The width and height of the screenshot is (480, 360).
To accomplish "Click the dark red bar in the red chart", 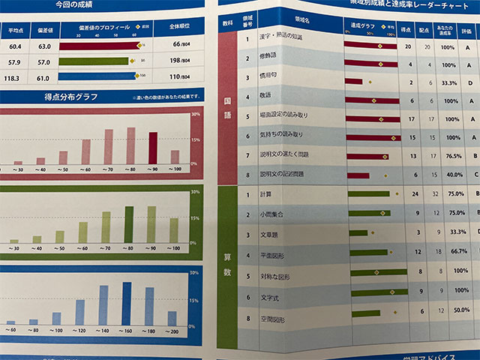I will click(x=153, y=148).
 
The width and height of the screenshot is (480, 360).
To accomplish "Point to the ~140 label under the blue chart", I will click(x=102, y=330).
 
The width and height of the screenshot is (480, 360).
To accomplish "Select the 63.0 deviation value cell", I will click(x=42, y=45).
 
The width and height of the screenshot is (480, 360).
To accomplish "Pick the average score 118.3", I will click(x=13, y=77).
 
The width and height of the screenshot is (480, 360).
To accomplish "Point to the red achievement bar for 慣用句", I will click(x=353, y=81).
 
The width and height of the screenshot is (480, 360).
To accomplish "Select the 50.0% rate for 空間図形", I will click(x=461, y=309).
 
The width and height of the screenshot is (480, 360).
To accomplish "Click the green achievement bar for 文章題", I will click(x=358, y=232).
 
